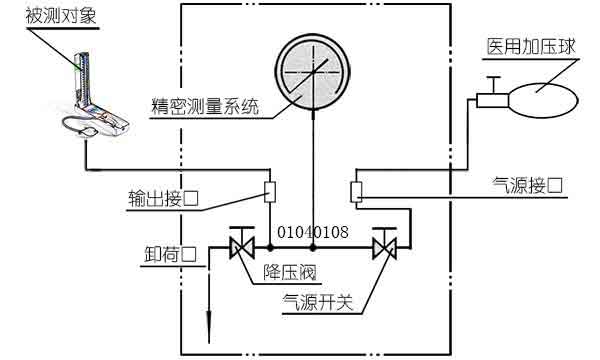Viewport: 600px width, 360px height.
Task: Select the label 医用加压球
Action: (x=530, y=47)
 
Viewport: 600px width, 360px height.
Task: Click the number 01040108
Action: (x=312, y=232)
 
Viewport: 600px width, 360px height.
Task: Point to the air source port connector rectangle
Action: (x=356, y=191)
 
